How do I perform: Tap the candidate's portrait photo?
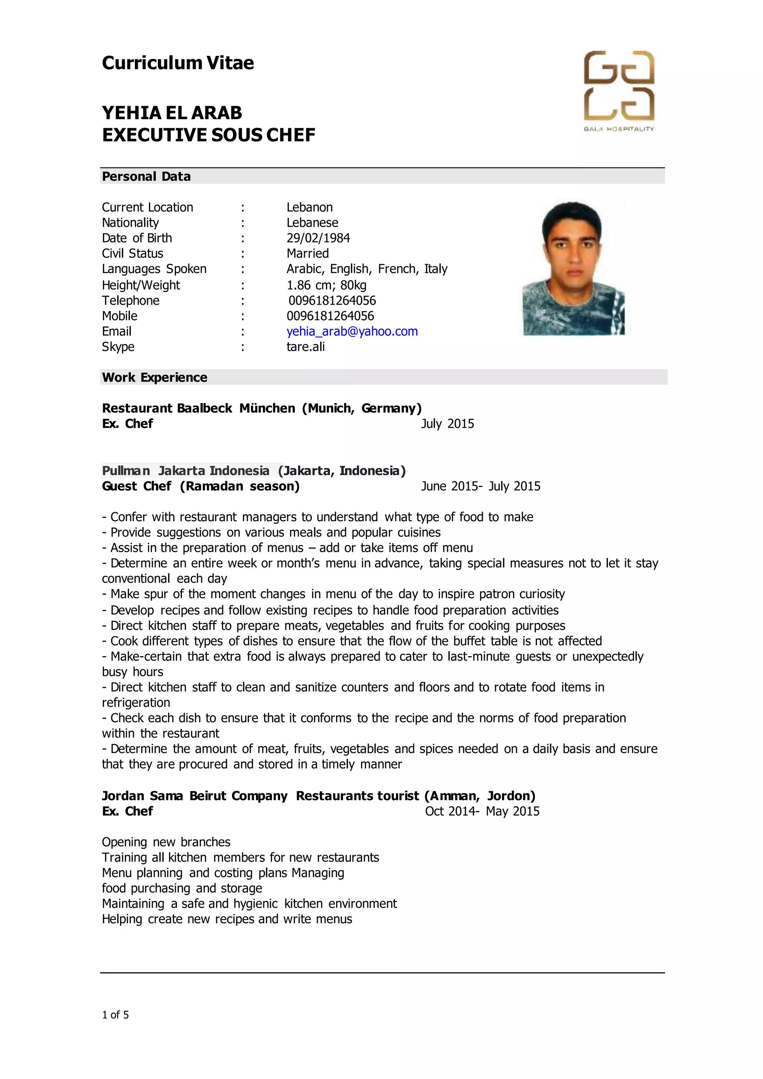[573, 268]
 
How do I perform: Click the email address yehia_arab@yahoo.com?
[352, 331]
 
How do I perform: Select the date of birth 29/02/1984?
[318, 238]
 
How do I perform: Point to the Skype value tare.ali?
[305, 347]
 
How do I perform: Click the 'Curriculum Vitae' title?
[178, 63]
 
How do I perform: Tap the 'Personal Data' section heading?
[146, 176]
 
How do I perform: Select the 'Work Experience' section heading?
[154, 377]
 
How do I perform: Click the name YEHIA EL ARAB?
[172, 113]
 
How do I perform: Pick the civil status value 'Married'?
[307, 253]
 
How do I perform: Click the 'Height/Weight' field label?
[140, 285]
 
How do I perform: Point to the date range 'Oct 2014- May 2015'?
[482, 811]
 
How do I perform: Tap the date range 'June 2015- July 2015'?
[480, 486]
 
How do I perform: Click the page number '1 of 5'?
[115, 1015]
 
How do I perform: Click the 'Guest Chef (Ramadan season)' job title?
[200, 486]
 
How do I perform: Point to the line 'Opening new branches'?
[166, 842]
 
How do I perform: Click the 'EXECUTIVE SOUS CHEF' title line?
[209, 135]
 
